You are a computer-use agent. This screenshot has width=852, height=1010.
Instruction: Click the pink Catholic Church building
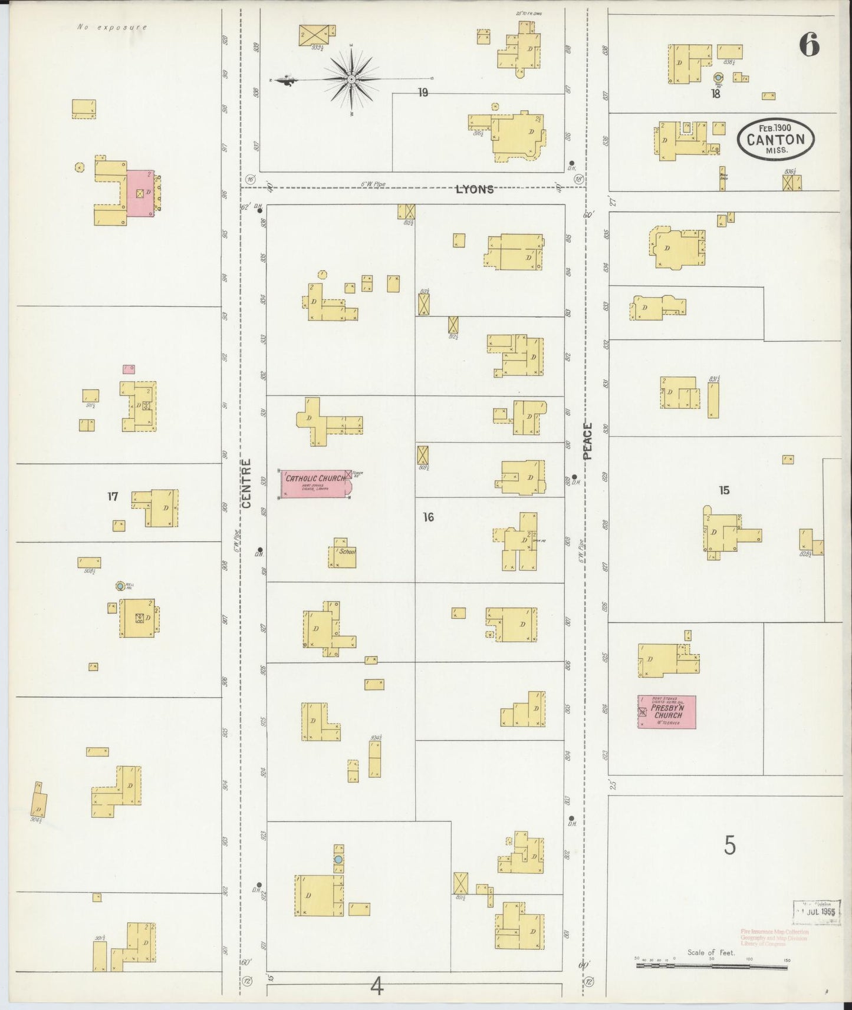point(315,484)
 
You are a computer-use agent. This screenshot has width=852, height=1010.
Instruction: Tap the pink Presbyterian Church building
point(666,711)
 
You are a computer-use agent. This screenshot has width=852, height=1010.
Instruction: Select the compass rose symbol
point(351,78)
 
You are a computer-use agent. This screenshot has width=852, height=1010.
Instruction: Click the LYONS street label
point(474,190)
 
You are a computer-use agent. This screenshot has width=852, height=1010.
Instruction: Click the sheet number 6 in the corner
point(810,45)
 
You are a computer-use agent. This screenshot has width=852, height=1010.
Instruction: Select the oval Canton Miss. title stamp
point(775,139)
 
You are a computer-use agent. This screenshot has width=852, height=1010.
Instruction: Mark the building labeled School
point(343,553)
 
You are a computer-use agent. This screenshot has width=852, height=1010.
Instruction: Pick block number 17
point(113,497)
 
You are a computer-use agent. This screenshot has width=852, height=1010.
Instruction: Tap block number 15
point(724,490)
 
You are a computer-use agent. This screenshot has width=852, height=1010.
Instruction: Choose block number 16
point(428,517)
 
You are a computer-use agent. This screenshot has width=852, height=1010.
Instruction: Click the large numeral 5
point(730,846)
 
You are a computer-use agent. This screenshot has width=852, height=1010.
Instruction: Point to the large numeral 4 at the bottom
point(377,985)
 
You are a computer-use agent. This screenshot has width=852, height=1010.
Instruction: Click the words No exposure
point(111,27)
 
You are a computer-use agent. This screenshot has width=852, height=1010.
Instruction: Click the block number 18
point(715,93)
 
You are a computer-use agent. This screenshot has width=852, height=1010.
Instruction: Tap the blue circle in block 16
point(338,860)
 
